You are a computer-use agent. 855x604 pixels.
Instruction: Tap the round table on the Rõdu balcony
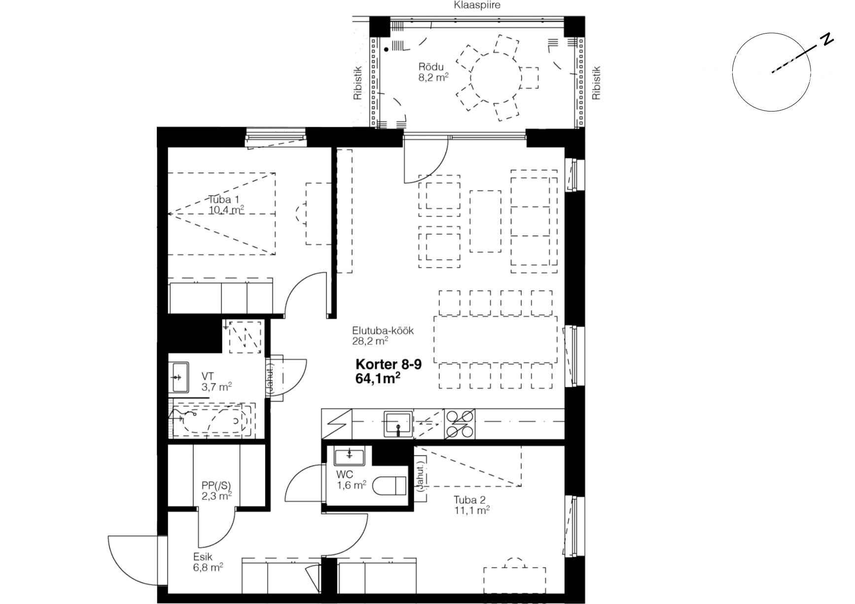(496, 77)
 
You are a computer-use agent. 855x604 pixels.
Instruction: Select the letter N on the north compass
(827, 40)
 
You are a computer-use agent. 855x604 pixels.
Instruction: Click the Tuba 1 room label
(223, 200)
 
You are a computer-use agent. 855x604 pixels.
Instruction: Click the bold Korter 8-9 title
(389, 365)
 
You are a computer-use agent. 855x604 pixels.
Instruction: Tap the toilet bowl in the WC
(390, 486)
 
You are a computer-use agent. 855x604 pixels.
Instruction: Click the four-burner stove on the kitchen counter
(460, 424)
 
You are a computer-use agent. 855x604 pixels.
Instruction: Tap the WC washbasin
(349, 456)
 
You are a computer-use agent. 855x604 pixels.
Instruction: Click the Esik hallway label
(203, 557)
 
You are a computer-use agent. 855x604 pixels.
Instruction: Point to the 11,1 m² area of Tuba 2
(471, 511)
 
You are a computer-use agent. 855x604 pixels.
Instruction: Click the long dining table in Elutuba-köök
(496, 339)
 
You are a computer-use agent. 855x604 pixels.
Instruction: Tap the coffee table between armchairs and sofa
(485, 221)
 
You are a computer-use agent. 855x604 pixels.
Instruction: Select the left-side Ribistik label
(358, 83)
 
